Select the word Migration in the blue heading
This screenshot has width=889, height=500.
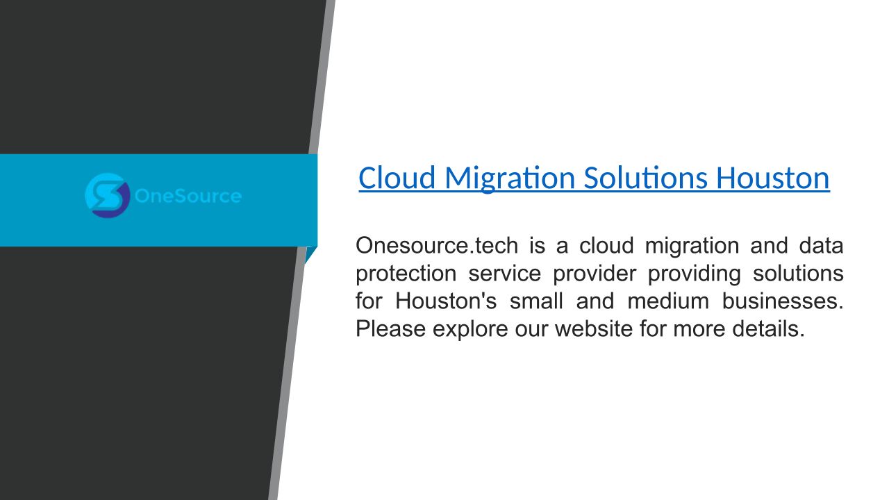pos(510,179)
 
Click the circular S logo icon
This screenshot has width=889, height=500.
pos(108,196)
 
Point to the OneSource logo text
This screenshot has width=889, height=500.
pos(188,196)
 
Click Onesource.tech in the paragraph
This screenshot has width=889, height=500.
pos(437,245)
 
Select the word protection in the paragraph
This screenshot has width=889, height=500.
pos(406,274)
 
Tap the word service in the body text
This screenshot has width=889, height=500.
pos(504,274)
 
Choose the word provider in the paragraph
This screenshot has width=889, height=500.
pos(595,274)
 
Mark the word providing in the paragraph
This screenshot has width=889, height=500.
pos(694,274)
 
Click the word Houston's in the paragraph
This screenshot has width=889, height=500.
pos(446,301)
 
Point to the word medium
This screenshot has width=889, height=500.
pos(668,301)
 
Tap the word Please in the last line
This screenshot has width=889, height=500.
pos(390,328)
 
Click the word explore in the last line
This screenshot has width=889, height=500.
pos(470,329)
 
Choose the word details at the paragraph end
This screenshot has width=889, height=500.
pos(766,328)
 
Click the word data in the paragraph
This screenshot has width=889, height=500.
pos(821,245)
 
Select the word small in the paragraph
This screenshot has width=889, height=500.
pos(536,301)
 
